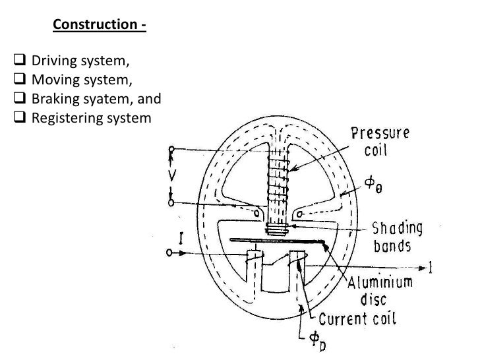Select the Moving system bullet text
(x=73, y=82)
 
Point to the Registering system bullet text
(x=82, y=119)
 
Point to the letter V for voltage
(x=169, y=176)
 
